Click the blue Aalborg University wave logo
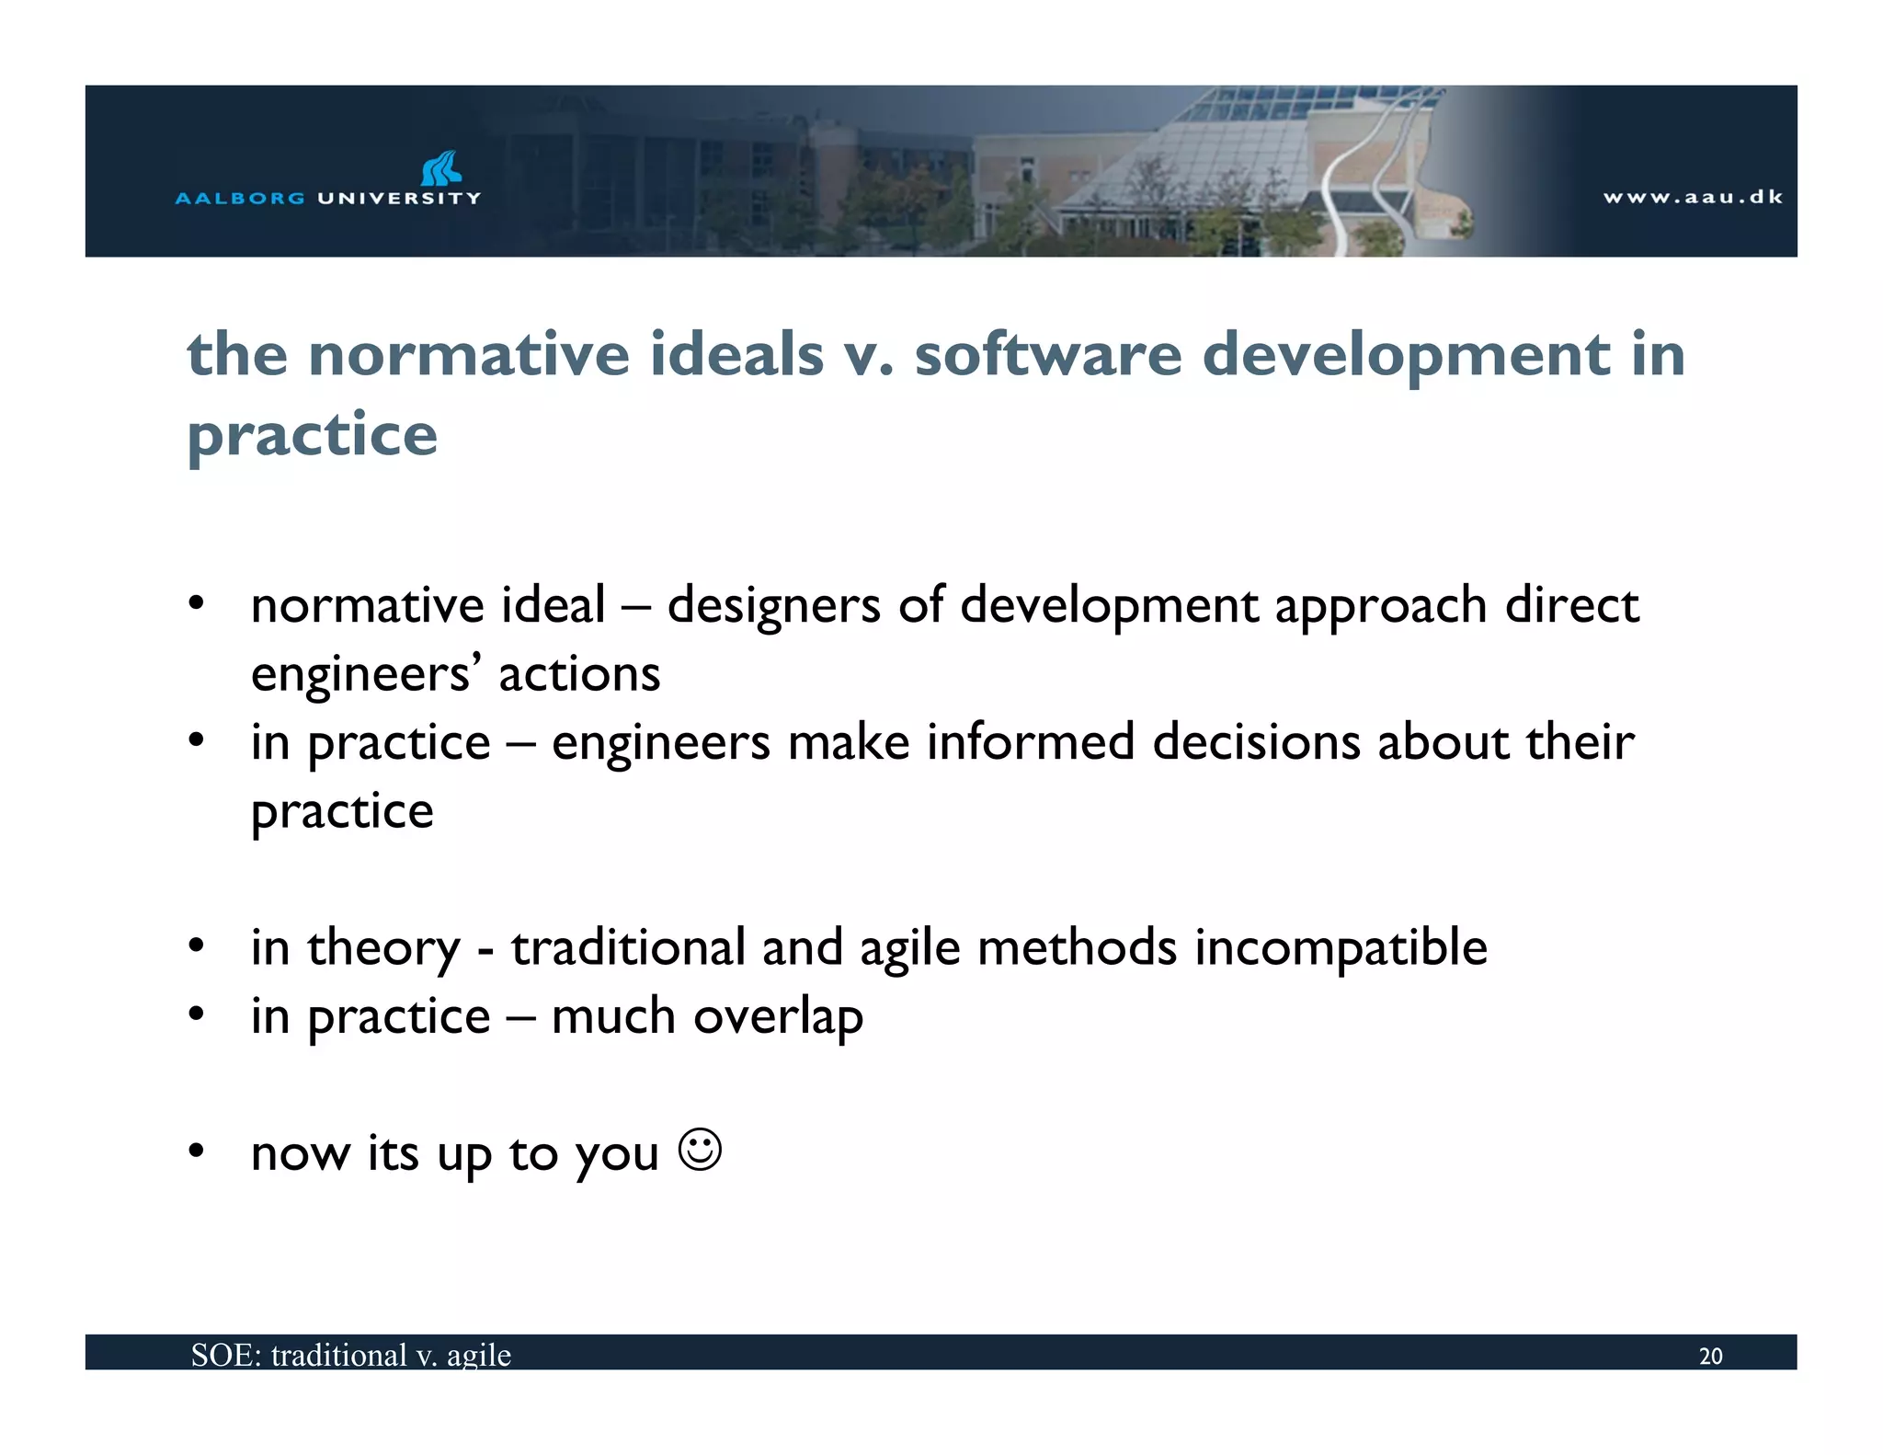point(440,168)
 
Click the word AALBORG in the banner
point(240,198)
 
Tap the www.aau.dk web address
point(1693,197)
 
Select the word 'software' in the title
point(1047,355)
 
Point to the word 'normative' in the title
point(469,355)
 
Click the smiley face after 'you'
point(700,1150)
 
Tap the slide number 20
point(1710,1356)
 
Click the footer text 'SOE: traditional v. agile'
point(350,1355)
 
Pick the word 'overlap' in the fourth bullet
point(778,1017)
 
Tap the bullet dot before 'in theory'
point(196,946)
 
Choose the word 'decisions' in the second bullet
point(1256,742)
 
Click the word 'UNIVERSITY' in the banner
point(399,198)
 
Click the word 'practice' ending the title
point(313,435)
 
